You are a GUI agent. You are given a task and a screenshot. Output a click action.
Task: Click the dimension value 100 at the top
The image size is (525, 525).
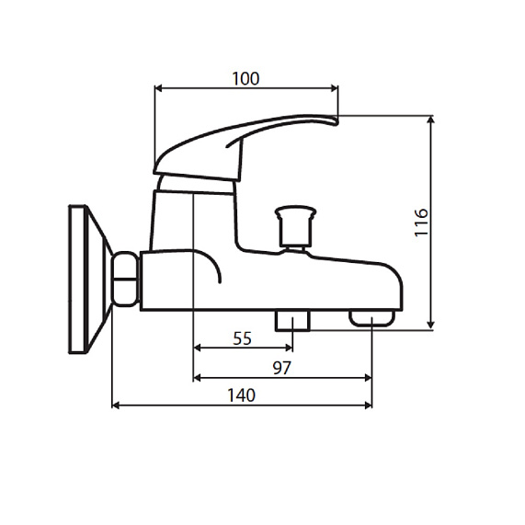(245, 78)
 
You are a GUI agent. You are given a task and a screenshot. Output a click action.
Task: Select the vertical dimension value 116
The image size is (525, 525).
(420, 223)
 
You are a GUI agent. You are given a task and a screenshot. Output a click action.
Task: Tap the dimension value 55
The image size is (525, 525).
(242, 337)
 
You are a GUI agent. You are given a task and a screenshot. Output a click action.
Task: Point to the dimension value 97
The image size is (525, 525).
(281, 368)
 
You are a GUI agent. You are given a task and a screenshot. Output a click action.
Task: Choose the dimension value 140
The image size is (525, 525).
(240, 395)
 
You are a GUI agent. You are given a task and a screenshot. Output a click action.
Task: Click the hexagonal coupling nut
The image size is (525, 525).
(125, 280)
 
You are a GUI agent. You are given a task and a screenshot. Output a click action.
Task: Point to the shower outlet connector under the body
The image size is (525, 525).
(292, 321)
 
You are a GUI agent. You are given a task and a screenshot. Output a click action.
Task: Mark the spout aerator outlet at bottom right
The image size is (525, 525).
(371, 318)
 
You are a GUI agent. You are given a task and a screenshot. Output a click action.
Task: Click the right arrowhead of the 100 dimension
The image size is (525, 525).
(334, 89)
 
